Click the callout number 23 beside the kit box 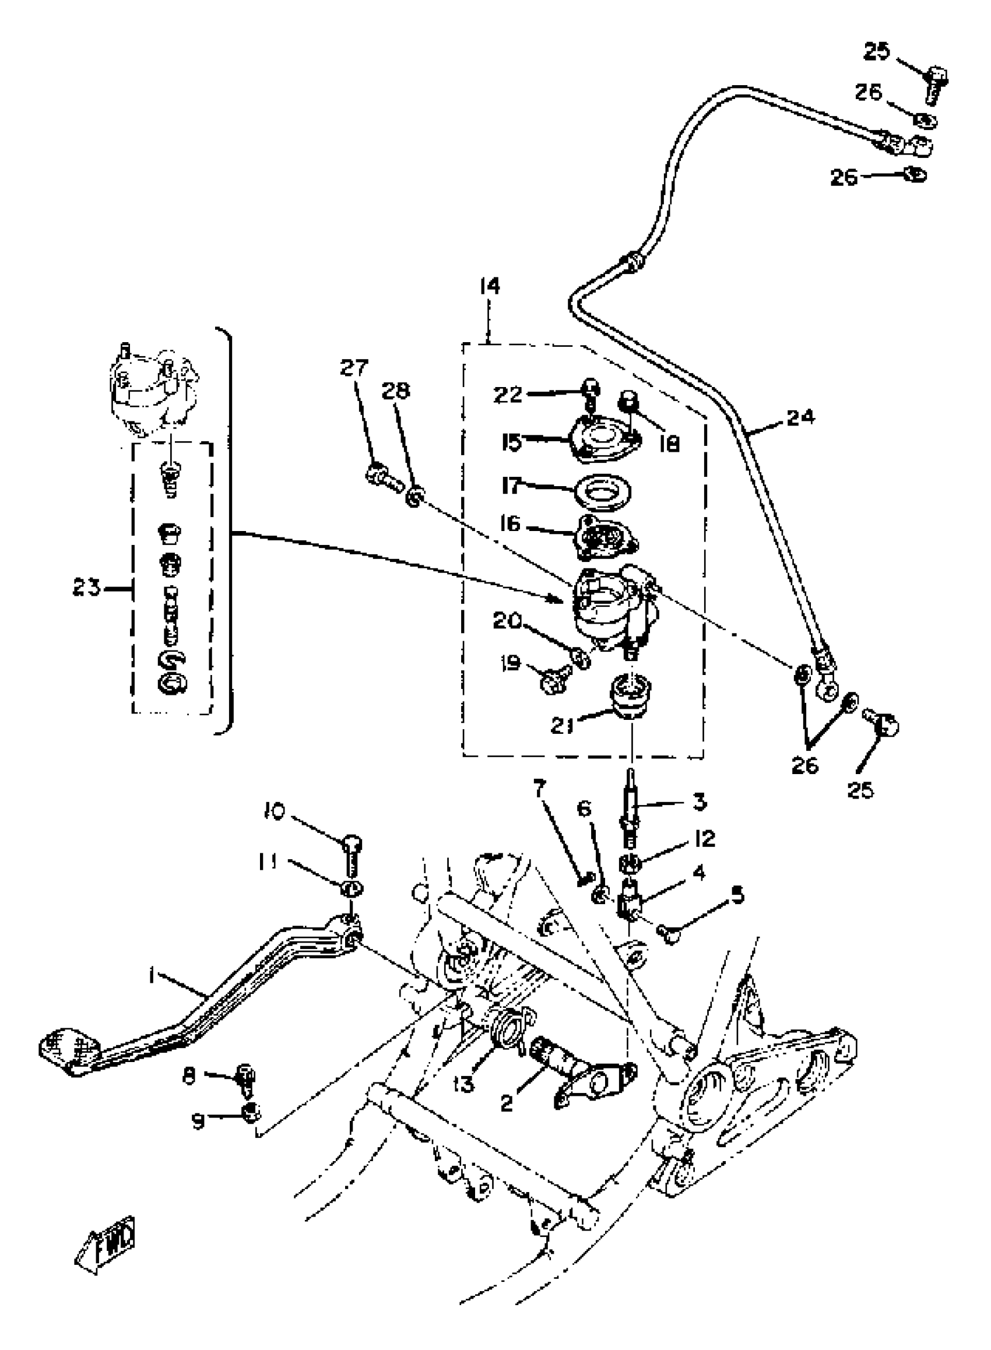(86, 588)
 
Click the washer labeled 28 (414, 497)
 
